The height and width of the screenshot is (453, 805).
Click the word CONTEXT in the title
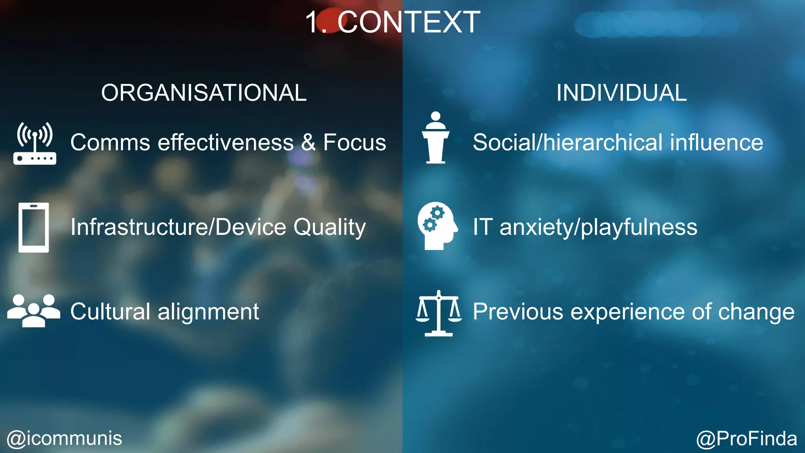point(409,22)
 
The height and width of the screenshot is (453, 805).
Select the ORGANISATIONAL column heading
point(204,93)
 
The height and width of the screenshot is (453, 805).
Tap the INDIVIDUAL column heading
point(621,93)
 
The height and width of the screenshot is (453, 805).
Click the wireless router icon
point(35,143)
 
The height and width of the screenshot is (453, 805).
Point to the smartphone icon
point(34,227)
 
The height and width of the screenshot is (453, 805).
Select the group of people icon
point(34,311)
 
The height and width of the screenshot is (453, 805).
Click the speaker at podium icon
point(436,138)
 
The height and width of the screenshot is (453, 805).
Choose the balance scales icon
point(439,313)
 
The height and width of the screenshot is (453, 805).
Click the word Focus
point(355,142)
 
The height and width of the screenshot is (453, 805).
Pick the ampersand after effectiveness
point(309,142)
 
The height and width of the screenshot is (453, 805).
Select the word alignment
point(208,312)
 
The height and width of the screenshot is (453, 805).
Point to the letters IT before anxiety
point(482,227)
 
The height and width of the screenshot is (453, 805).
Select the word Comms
point(110,142)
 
